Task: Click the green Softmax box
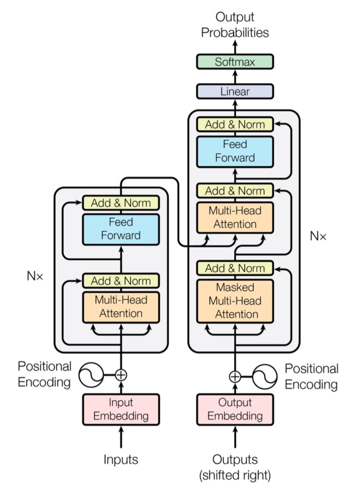(x=235, y=62)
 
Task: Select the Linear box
(x=235, y=91)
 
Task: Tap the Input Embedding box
(x=121, y=409)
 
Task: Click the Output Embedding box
(x=235, y=409)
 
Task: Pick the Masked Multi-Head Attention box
(x=235, y=300)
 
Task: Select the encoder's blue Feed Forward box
(x=121, y=229)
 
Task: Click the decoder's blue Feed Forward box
(x=235, y=151)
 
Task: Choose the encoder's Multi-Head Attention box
(x=121, y=307)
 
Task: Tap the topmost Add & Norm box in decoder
(x=235, y=124)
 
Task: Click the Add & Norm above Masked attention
(x=235, y=268)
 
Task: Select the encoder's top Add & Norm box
(x=121, y=203)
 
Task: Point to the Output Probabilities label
(x=235, y=25)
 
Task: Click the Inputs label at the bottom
(x=121, y=459)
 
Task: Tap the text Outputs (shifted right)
(x=235, y=467)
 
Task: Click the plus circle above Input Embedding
(x=121, y=375)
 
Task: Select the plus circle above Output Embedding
(x=235, y=376)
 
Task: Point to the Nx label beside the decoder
(x=318, y=236)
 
